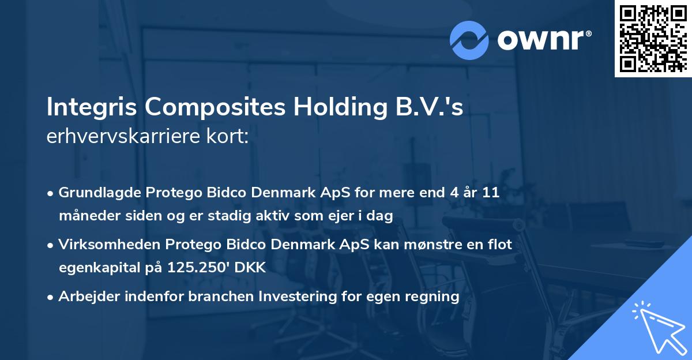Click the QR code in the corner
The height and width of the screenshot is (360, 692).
pyautogui.click(x=653, y=38)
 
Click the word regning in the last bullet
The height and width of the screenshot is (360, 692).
pyautogui.click(x=433, y=297)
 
